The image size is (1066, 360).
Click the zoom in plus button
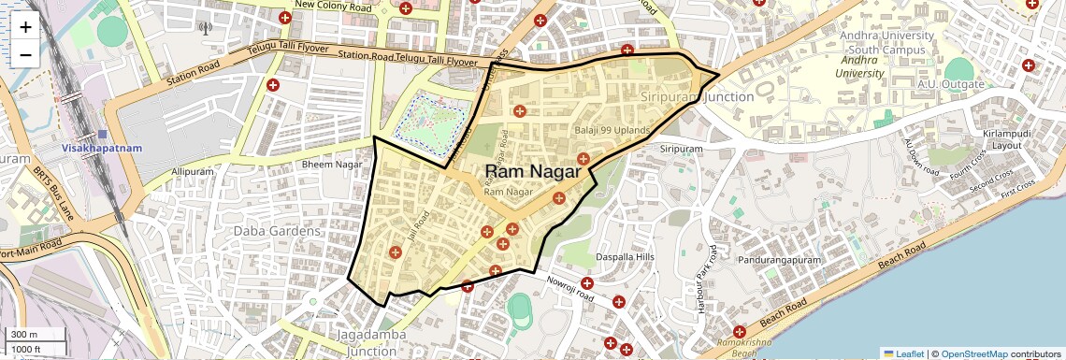25,27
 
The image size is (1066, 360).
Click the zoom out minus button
25,54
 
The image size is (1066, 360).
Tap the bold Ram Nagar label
534,171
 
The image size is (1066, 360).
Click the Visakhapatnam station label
102,148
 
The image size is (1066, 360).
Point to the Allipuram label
193,172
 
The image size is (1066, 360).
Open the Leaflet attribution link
903,353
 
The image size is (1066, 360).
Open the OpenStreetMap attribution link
973,353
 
